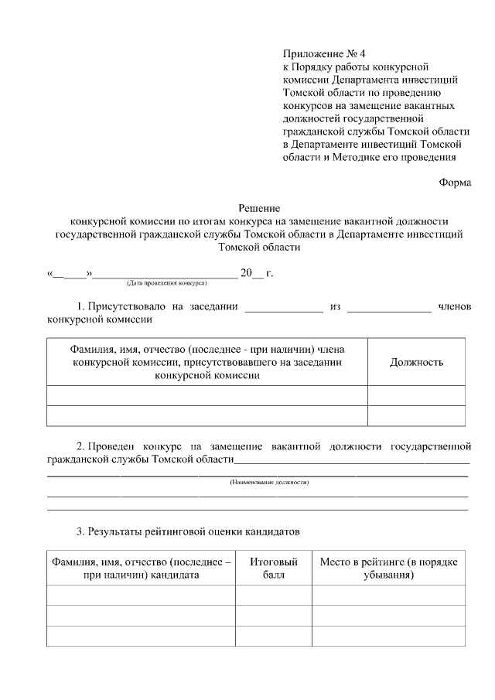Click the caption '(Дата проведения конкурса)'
[x=166, y=284]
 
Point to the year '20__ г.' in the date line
[x=257, y=273]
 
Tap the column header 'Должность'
[x=416, y=362]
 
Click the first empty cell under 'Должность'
[x=416, y=396]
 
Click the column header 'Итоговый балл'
[x=274, y=568]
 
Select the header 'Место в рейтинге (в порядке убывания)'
[x=389, y=568]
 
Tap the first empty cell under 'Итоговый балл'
[x=274, y=596]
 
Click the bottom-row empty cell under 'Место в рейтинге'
[x=389, y=636]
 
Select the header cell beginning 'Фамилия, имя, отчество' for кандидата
[x=141, y=568]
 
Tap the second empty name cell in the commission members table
[x=207, y=416]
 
